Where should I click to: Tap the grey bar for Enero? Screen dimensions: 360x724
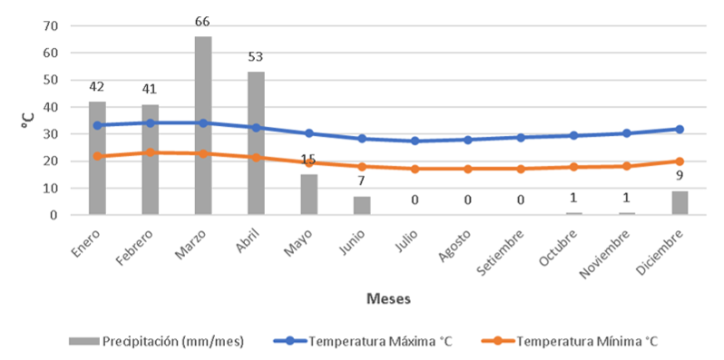pyautogui.click(x=97, y=158)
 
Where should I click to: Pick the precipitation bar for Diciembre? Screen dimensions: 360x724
pyautogui.click(x=680, y=203)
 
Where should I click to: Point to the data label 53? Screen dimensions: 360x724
pyautogui.click(x=256, y=57)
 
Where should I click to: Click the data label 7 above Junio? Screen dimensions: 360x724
pyautogui.click(x=362, y=180)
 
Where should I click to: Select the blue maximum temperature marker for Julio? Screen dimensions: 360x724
pyautogui.click(x=415, y=141)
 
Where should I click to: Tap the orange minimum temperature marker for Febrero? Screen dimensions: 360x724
pyautogui.click(x=151, y=152)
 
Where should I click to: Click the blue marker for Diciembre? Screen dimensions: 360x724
pyautogui.click(x=680, y=129)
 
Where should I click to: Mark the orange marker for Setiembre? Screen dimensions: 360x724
pyautogui.click(x=521, y=169)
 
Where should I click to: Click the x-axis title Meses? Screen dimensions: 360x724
pyautogui.click(x=388, y=297)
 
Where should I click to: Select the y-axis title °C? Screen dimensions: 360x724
pyautogui.click(x=28, y=121)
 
